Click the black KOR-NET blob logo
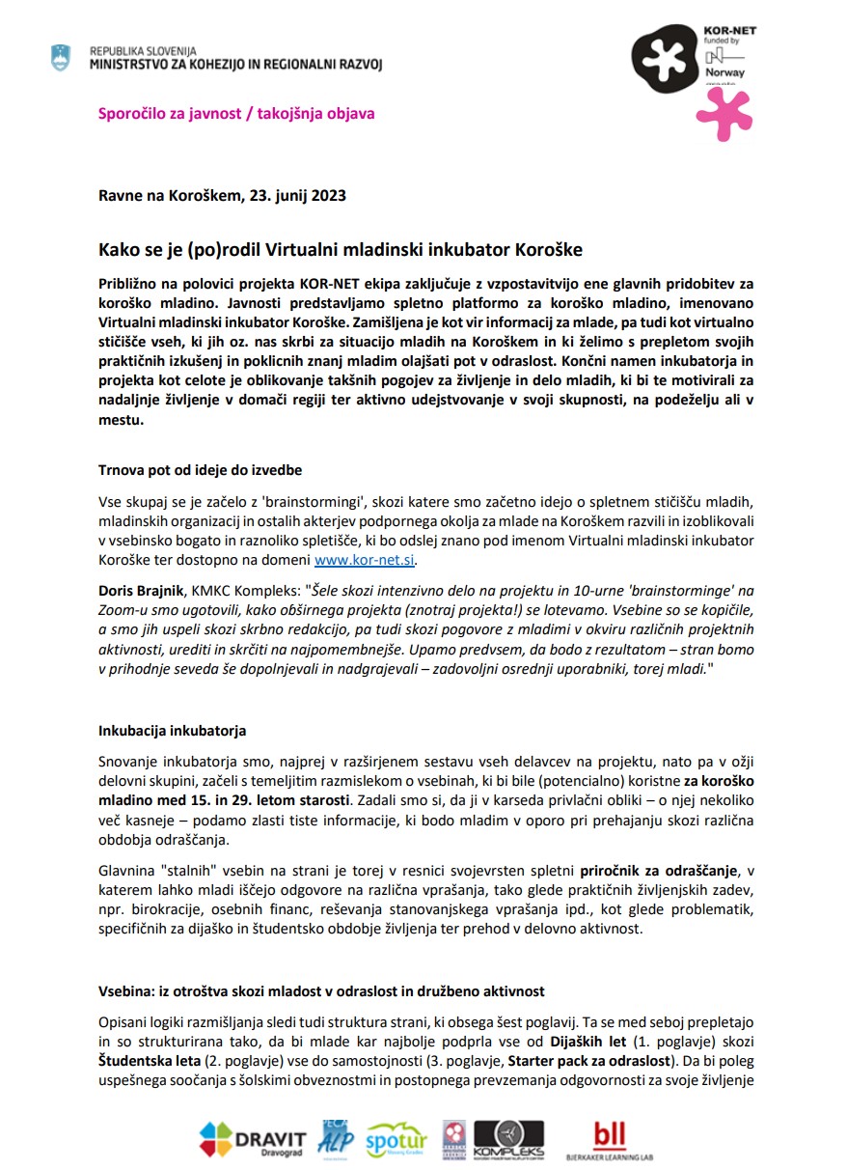pos(663,59)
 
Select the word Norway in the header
pos(719,72)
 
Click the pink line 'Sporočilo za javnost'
pos(236,113)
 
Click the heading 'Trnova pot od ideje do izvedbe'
pos(201,470)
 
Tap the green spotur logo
pos(396,1139)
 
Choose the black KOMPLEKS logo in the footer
pos(509,1139)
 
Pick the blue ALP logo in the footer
pos(335,1139)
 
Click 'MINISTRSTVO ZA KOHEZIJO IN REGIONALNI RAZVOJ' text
pos(235,63)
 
